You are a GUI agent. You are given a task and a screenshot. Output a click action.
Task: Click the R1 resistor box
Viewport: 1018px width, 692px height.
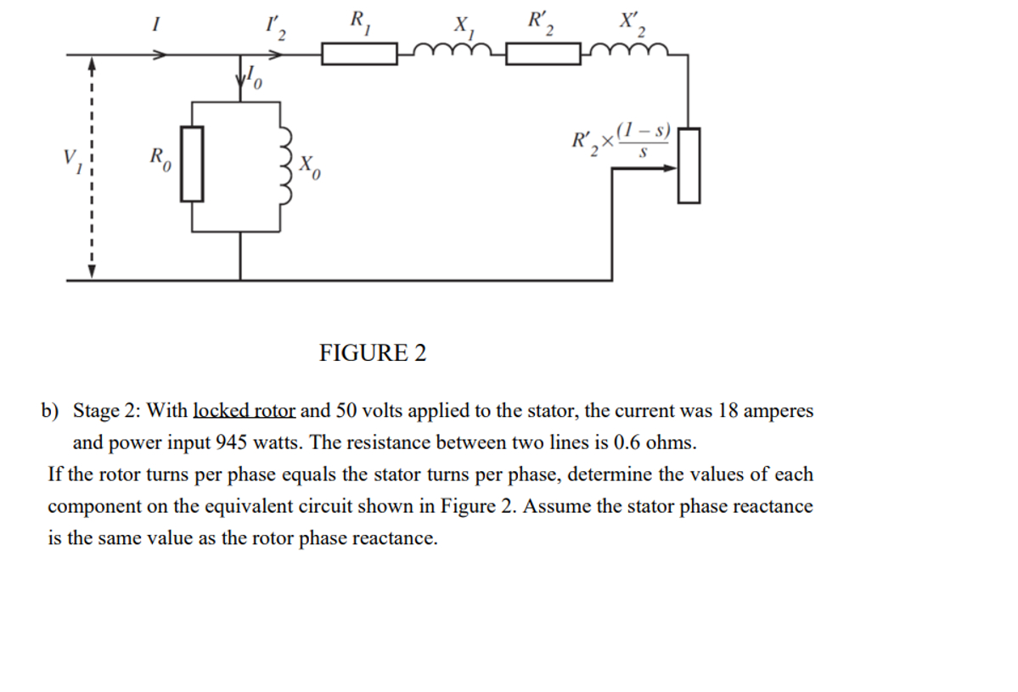[359, 55]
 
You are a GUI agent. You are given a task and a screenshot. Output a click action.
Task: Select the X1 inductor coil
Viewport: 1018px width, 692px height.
[451, 53]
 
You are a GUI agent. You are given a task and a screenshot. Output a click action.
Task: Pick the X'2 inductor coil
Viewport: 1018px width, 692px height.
[633, 53]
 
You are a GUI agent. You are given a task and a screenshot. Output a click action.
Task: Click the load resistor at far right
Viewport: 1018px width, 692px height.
[689, 165]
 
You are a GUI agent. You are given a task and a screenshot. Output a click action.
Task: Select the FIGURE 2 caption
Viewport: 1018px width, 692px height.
[373, 352]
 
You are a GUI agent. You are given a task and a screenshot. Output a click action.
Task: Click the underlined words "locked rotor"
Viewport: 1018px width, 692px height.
[245, 411]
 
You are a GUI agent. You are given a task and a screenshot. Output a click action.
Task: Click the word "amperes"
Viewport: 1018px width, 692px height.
[778, 411]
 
